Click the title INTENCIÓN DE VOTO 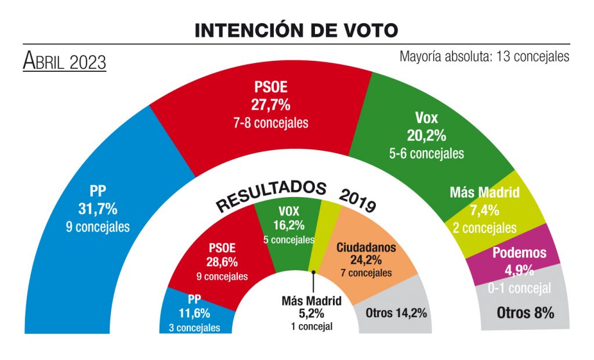click(x=296, y=31)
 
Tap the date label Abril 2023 click(x=64, y=61)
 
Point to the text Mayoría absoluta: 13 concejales click(x=484, y=57)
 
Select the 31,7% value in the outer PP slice click(x=97, y=208)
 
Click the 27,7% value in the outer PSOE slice click(x=271, y=105)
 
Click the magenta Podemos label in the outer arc click(x=519, y=252)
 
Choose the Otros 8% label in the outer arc click(x=526, y=312)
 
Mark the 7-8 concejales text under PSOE click(x=271, y=123)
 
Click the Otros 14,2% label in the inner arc click(x=396, y=313)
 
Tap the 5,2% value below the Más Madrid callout click(x=311, y=314)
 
